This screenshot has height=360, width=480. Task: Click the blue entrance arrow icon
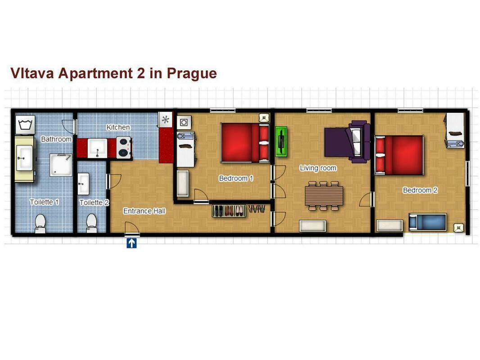131,243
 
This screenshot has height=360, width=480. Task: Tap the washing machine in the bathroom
25,125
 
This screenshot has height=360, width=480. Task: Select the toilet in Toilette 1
40,223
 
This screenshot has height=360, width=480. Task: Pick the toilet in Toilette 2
91,223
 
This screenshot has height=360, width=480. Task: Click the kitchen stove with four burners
124,148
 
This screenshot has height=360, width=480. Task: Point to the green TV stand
281,142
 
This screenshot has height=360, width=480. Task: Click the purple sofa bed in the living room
347,142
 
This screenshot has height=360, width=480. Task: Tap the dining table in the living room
324,196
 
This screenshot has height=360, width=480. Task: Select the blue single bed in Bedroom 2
428,222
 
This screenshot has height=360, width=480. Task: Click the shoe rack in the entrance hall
229,211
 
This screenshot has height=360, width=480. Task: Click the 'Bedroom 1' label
236,178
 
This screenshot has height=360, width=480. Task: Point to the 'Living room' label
318,168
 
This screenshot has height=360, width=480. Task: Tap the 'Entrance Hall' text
144,211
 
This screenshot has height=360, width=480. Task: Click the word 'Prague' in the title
192,74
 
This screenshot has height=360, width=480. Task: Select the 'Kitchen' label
118,127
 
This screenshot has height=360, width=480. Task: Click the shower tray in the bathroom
61,165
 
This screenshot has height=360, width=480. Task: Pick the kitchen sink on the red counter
97,148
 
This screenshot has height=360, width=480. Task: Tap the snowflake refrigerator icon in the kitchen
165,120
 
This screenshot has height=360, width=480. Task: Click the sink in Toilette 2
83,184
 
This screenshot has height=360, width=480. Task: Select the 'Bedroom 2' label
420,190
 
